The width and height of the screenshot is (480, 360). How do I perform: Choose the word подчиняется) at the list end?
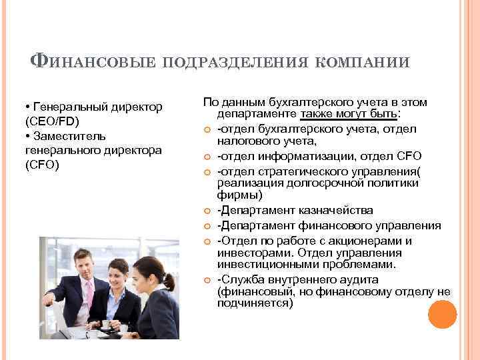point(255,303)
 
